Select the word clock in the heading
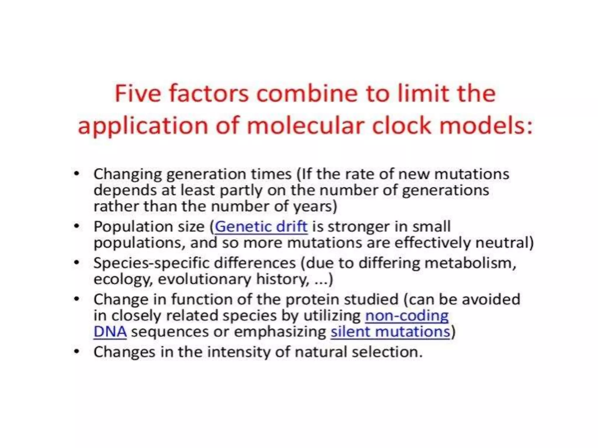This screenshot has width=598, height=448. pyautogui.click(x=402, y=126)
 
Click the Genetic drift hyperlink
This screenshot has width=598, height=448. pyautogui.click(x=261, y=227)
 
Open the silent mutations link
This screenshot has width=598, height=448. pyautogui.click(x=390, y=332)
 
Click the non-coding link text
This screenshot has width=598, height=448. pyautogui.click(x=407, y=316)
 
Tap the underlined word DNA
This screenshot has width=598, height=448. pyautogui.click(x=110, y=332)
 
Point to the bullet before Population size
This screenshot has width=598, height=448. pyautogui.click(x=77, y=226)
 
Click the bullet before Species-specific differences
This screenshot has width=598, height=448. pyautogui.click(x=77, y=263)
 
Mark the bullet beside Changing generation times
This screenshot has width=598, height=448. pyautogui.click(x=77, y=174)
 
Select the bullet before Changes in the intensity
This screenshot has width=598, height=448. pyautogui.click(x=77, y=352)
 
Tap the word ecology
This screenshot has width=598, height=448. pyautogui.click(x=123, y=279)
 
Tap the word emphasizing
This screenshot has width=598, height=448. pyautogui.click(x=280, y=332)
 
